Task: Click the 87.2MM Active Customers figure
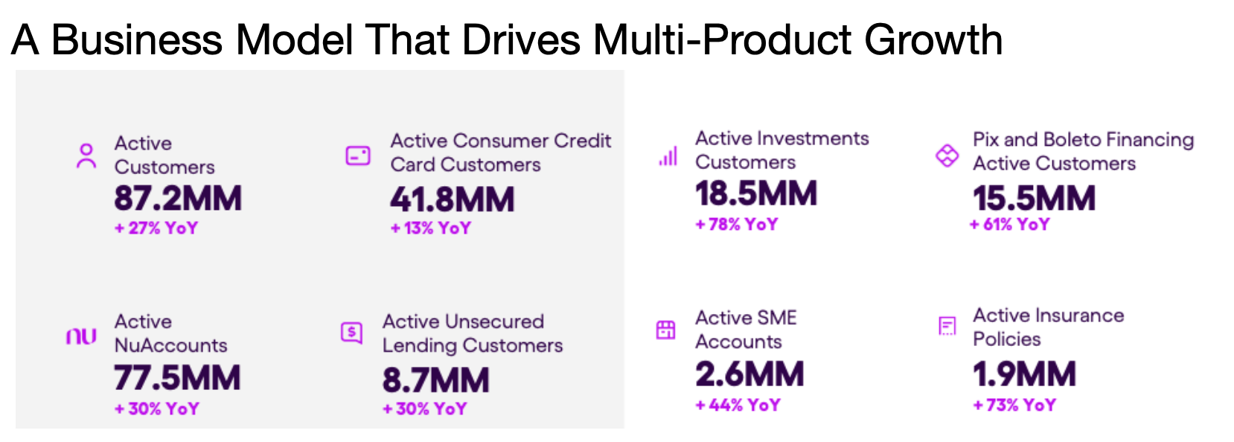coord(178,198)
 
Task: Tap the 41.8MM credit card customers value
coord(453,199)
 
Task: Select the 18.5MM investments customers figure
coord(756,193)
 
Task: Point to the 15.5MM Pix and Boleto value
coord(1034,198)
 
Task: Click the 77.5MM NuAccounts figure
coord(177,377)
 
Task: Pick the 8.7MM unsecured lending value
coord(435,379)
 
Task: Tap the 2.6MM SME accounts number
coord(749,374)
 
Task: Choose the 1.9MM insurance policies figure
coord(1024,374)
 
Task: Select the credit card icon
coord(358,156)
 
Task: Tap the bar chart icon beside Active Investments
coord(668,156)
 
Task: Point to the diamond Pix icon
coord(947,156)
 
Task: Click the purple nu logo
coord(82,336)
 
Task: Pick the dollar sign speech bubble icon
coord(352,333)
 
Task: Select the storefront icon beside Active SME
coord(665,330)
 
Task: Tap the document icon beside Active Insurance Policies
coord(947,326)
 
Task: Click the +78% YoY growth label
coord(737,225)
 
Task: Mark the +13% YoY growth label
coord(431,228)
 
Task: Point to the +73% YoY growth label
coord(1014,405)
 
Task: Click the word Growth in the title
coord(933,39)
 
